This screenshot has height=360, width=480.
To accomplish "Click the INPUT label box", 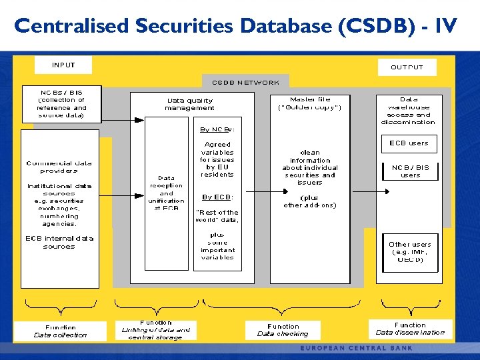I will pyautogui.click(x=63, y=65).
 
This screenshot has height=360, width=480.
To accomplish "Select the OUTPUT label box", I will pyautogui.click(x=407, y=67).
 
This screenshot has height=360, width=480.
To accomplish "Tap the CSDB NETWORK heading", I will pyautogui.click(x=246, y=83).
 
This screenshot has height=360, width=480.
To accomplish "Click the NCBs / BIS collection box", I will pyautogui.click(x=61, y=103).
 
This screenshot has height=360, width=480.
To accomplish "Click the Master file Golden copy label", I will pyautogui.click(x=310, y=103).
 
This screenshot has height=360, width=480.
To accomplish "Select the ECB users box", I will pyautogui.click(x=409, y=143).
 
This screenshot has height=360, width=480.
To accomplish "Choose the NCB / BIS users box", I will pyautogui.click(x=410, y=171).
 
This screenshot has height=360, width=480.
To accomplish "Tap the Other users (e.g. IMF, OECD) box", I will pyautogui.click(x=410, y=252).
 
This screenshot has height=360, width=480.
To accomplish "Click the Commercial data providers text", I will pyautogui.click(x=59, y=167).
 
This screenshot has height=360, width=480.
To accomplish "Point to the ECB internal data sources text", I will pyautogui.click(x=59, y=242).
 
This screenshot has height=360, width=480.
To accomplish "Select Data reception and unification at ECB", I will pyautogui.click(x=166, y=193).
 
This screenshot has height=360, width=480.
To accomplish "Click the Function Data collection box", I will pyautogui.click(x=61, y=331).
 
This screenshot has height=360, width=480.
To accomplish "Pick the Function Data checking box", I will pyautogui.click(x=283, y=330).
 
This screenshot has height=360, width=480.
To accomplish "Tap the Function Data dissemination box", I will pyautogui.click(x=410, y=329).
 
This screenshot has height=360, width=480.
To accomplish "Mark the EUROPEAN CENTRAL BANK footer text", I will pyautogui.click(x=356, y=348).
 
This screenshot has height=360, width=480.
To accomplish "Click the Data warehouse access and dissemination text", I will pyautogui.click(x=408, y=111).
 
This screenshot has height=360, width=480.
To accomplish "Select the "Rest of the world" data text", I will pyautogui.click(x=217, y=216).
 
